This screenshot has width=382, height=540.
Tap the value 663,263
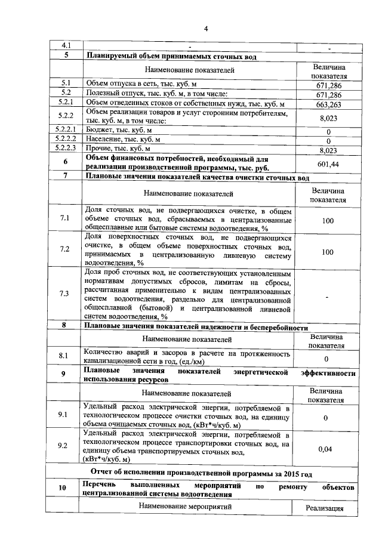pyautogui.click(x=325, y=104)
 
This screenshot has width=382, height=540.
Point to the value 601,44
pyautogui.click(x=325, y=164)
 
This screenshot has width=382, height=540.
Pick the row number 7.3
pyautogui.click(x=64, y=294)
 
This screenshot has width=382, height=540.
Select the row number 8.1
pyautogui.click(x=64, y=356)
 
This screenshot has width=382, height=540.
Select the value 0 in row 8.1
pyautogui.click(x=326, y=359)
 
